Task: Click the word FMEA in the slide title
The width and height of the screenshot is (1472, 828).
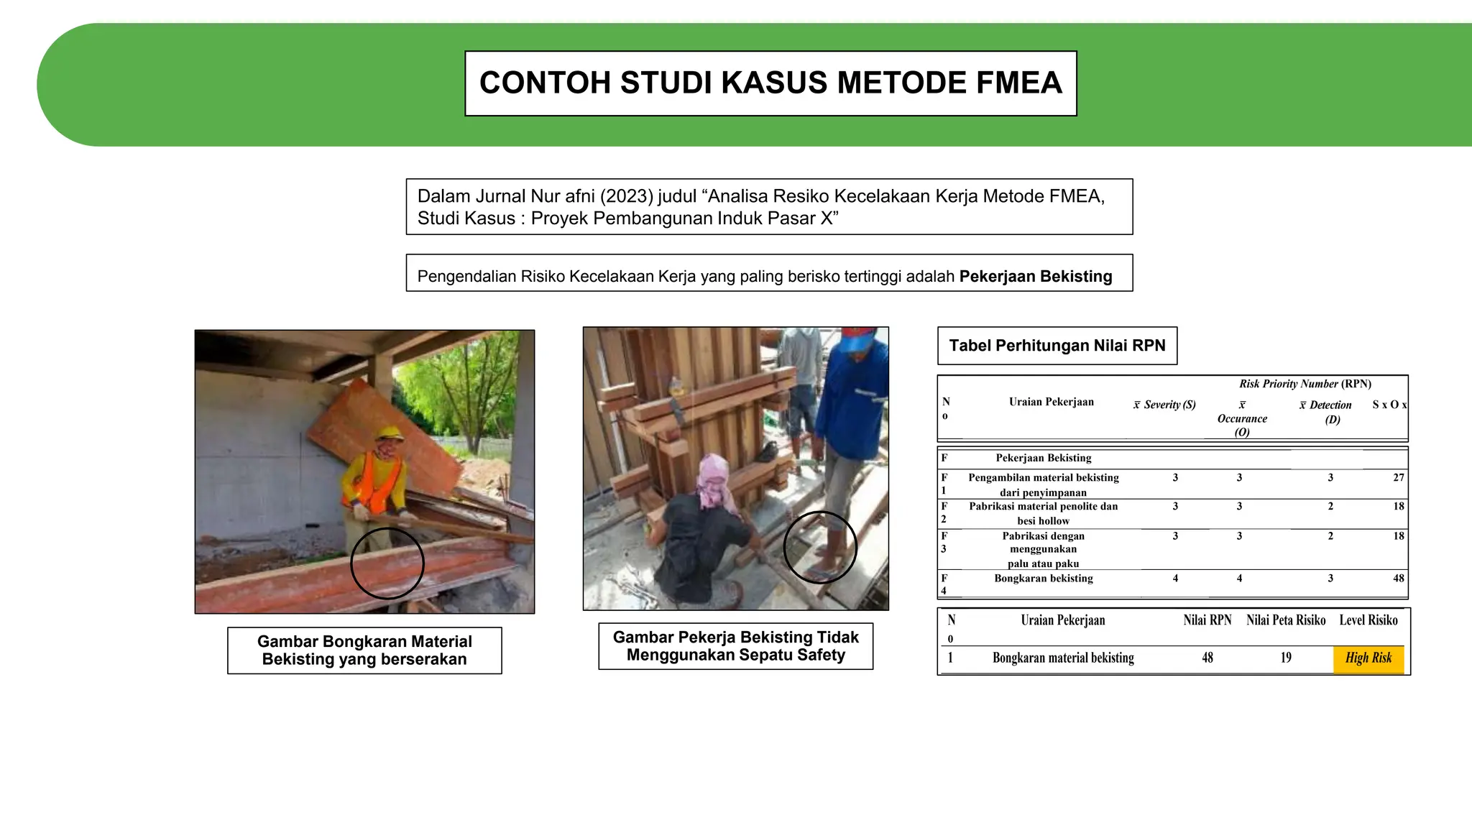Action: pos(1018,83)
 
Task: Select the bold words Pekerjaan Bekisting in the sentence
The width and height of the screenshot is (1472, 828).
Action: pos(1035,277)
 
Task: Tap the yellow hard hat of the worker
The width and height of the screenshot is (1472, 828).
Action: pos(390,434)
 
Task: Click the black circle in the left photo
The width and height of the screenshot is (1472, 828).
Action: pos(387,563)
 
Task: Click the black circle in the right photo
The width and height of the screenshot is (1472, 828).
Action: pos(820,547)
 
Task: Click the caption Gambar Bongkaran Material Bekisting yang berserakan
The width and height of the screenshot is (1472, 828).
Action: pos(364,650)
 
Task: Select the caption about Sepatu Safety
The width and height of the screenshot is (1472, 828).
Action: pos(735,646)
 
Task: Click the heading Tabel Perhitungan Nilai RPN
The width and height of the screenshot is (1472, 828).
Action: pos(1057,346)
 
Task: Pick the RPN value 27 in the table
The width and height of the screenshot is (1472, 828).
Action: pos(1398,478)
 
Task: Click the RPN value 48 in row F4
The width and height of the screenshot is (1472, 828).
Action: pos(1398,579)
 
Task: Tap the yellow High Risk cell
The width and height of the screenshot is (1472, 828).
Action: pos(1368,658)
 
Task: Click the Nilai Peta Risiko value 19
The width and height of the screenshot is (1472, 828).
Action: pos(1286,658)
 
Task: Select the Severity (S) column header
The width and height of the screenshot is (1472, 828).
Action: pos(1165,405)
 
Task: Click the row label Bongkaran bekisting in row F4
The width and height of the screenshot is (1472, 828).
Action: pos(1043,579)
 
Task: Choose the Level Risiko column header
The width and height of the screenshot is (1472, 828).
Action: pos(1368,620)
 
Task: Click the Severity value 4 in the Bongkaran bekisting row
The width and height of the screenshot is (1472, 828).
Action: pos(1175,579)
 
